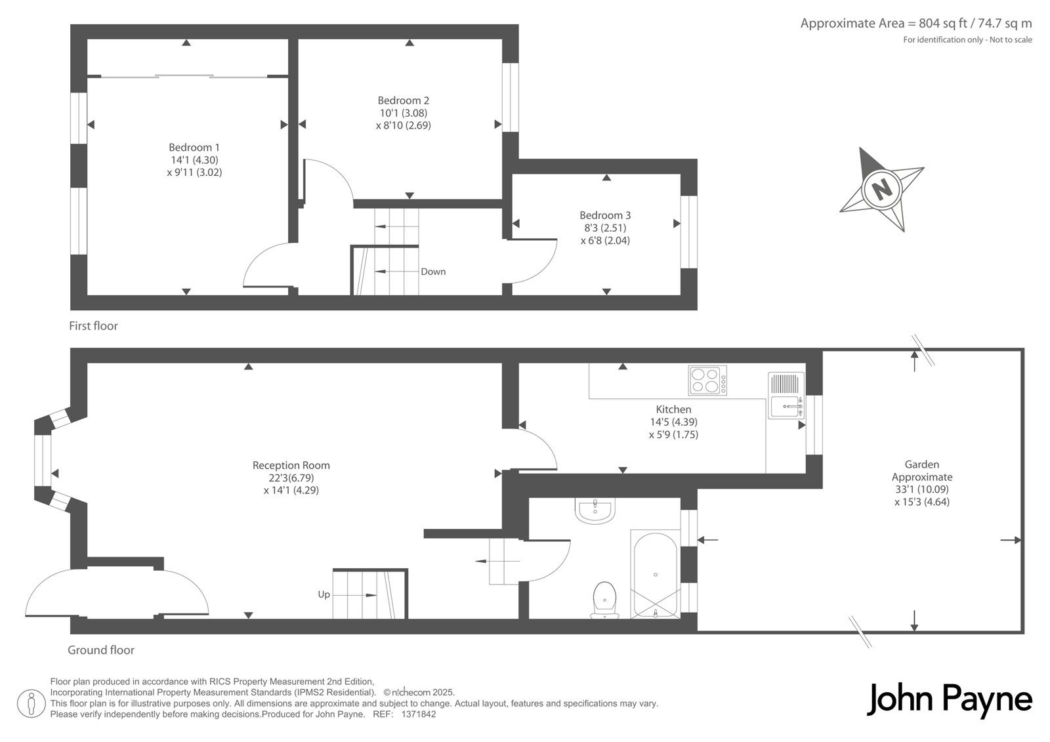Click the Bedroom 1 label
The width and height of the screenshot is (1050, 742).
pyautogui.click(x=194, y=147)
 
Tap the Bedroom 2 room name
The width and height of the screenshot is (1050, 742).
pyautogui.click(x=403, y=100)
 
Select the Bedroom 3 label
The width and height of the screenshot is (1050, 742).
pyautogui.click(x=605, y=215)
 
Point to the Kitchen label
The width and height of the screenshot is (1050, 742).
pyautogui.click(x=673, y=409)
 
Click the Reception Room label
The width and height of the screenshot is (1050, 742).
pyautogui.click(x=291, y=465)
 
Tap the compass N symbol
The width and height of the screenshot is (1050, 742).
pyautogui.click(x=882, y=190)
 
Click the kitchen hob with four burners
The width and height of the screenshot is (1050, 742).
pyautogui.click(x=707, y=380)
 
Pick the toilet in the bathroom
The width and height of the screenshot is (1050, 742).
pyautogui.click(x=604, y=600)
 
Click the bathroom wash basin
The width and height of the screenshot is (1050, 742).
pyautogui.click(x=595, y=510)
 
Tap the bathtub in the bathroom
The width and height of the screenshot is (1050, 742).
pyautogui.click(x=656, y=574)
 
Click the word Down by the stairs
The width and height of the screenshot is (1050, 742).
pyautogui.click(x=433, y=272)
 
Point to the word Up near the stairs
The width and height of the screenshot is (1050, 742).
pyautogui.click(x=324, y=595)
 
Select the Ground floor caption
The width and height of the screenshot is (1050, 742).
pyautogui.click(x=101, y=650)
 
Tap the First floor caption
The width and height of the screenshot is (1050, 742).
pyautogui.click(x=93, y=326)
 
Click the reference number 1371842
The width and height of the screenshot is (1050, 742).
pyautogui.click(x=419, y=714)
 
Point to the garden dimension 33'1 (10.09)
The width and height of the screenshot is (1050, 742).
pyautogui.click(x=922, y=489)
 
